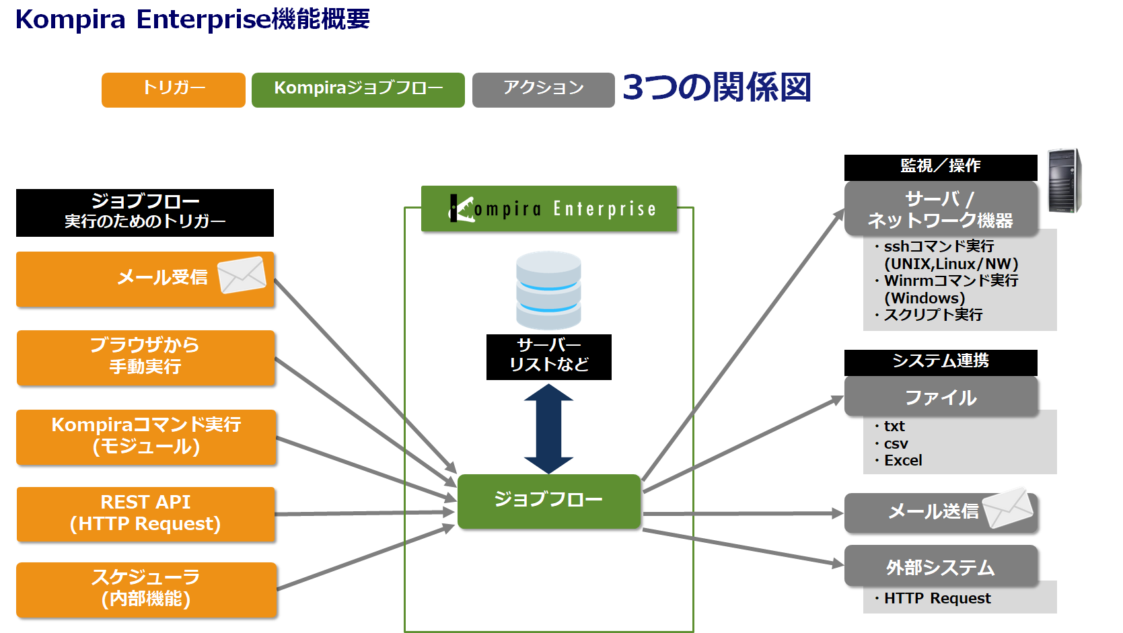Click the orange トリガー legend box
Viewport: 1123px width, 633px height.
pyautogui.click(x=174, y=89)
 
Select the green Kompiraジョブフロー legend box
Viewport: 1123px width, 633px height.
pyautogui.click(x=358, y=89)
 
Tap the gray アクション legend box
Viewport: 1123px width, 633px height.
pyautogui.click(x=544, y=89)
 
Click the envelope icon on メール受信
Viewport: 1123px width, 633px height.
pyautogui.click(x=242, y=275)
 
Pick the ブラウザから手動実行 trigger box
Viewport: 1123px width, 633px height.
pyautogui.click(x=146, y=358)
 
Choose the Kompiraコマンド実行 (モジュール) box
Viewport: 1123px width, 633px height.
pyautogui.click(x=146, y=437)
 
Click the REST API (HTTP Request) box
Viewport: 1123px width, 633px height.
pyautogui.click(x=146, y=514)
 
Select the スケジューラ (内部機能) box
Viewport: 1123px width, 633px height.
pyautogui.click(x=146, y=590)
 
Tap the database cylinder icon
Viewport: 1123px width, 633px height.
pyautogui.click(x=548, y=290)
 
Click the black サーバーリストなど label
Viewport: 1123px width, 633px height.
pyautogui.click(x=548, y=357)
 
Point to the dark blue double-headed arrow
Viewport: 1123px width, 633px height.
pyautogui.click(x=548, y=429)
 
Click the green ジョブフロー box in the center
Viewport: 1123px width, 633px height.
pyautogui.click(x=549, y=501)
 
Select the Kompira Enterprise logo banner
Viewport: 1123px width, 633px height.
pyautogui.click(x=549, y=209)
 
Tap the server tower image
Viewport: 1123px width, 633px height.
pyautogui.click(x=1064, y=181)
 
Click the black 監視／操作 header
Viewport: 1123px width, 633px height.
pyautogui.click(x=941, y=167)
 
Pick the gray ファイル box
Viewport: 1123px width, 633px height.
pyautogui.click(x=941, y=397)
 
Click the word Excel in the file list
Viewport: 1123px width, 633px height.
pyautogui.click(x=903, y=460)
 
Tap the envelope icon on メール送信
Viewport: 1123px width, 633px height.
pyautogui.click(x=1008, y=507)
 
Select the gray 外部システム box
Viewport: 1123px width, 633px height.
pyautogui.click(x=941, y=566)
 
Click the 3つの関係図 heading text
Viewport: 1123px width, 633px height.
pyautogui.click(x=717, y=87)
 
